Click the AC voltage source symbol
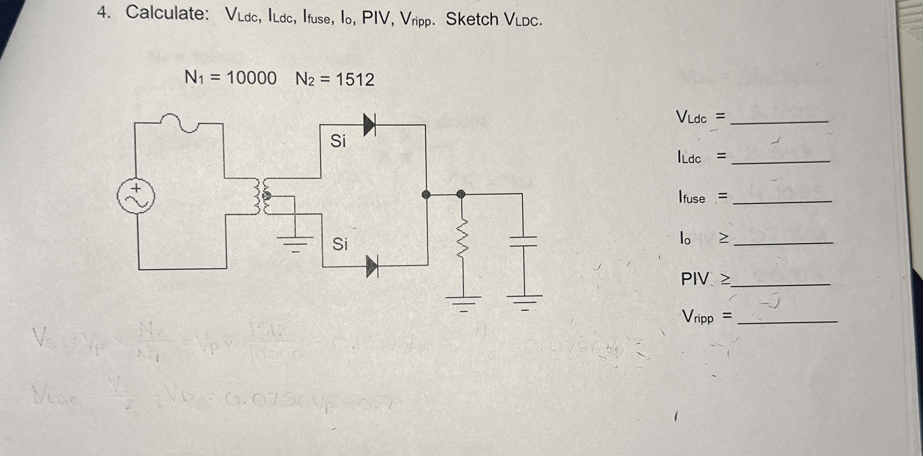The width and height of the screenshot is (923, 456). click(x=136, y=196)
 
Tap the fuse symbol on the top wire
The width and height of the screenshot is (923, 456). click(x=179, y=123)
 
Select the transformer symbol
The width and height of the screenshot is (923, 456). click(x=261, y=196)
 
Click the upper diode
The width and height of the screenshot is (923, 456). click(x=369, y=125)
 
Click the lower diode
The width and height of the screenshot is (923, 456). click(x=372, y=266)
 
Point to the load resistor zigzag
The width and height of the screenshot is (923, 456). click(x=463, y=236)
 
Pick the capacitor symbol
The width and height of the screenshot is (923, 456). click(x=523, y=241)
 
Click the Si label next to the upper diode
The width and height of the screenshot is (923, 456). click(x=338, y=141)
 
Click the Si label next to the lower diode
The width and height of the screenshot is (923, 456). click(x=340, y=244)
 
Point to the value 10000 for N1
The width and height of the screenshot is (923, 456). click(x=251, y=78)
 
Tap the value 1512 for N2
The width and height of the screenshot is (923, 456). click(x=355, y=80)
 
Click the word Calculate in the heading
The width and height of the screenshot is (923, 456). click(x=167, y=13)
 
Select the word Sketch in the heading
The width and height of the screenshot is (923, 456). click(x=472, y=19)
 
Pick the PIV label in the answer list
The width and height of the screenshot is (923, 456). click(x=695, y=279)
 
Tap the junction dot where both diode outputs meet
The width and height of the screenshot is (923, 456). click(x=426, y=195)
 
